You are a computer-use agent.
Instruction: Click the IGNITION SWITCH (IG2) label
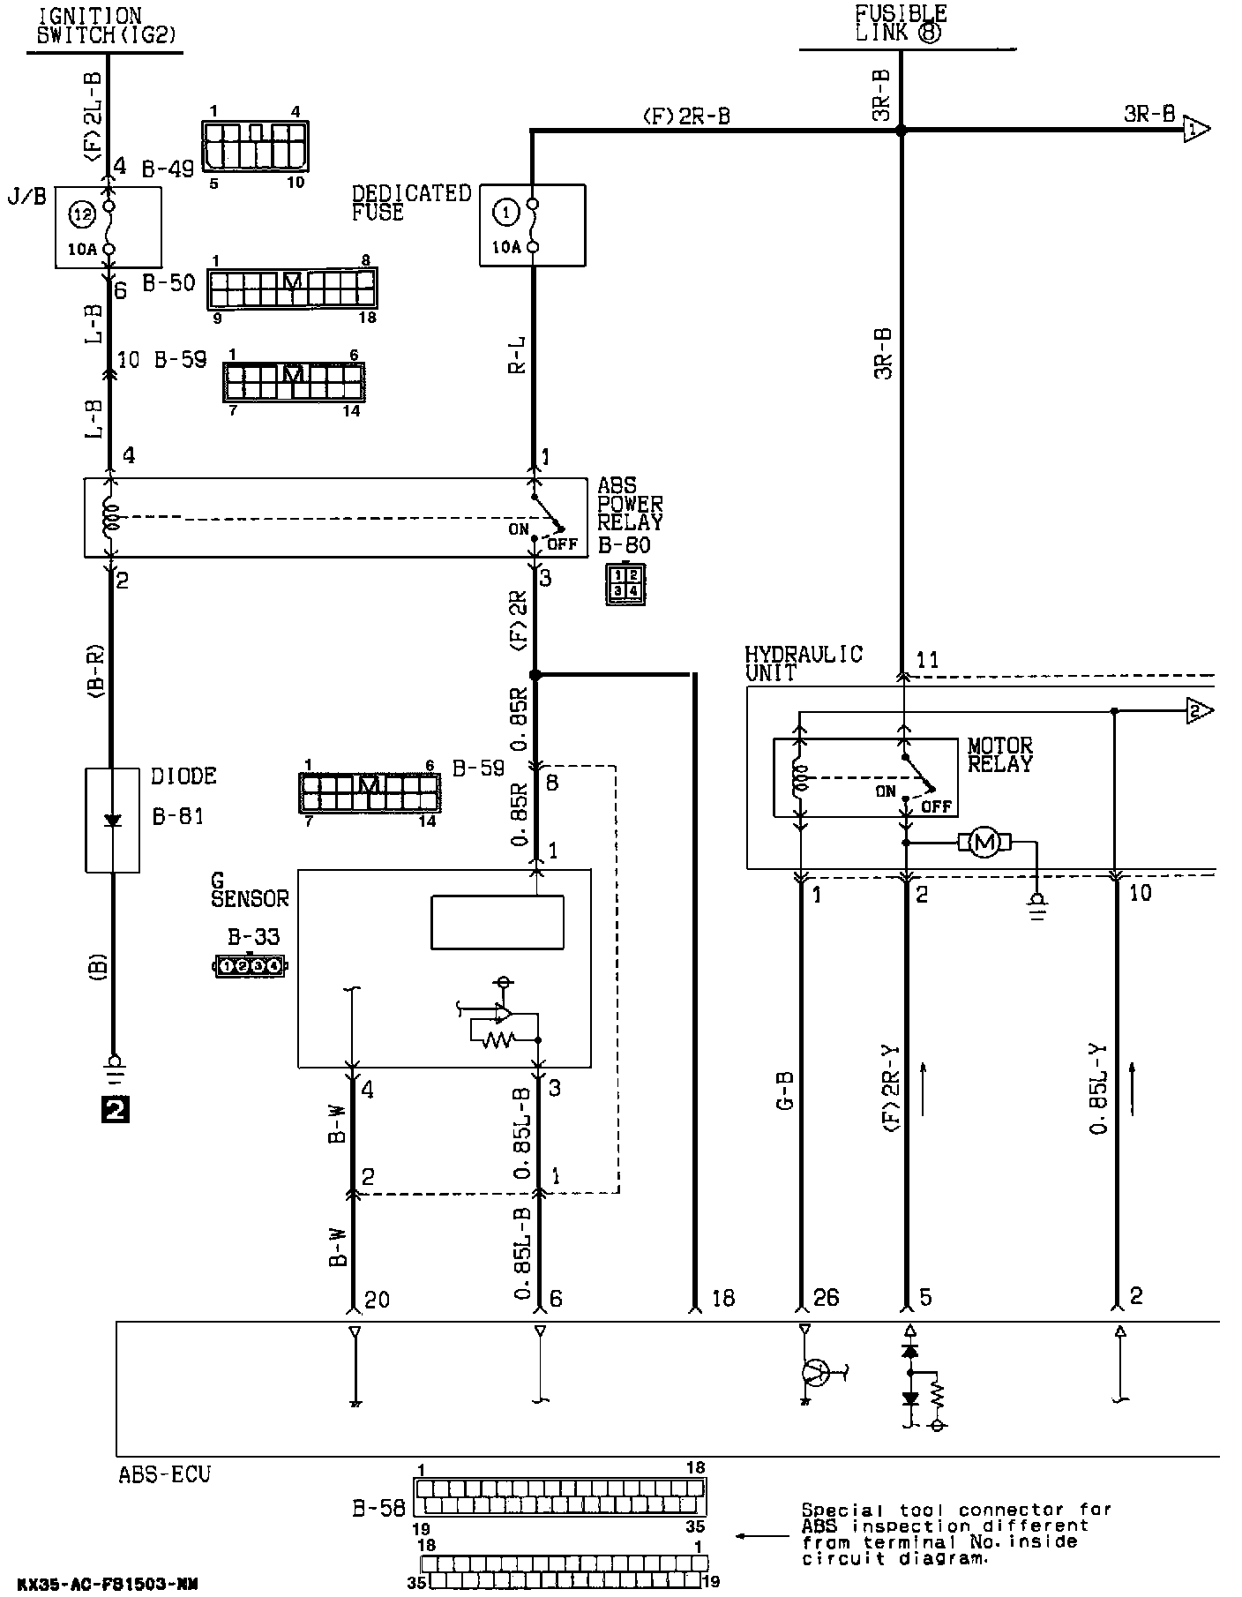point(103,27)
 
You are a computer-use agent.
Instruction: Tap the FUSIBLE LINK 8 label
point(900,24)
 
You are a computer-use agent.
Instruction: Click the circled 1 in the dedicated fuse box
point(506,212)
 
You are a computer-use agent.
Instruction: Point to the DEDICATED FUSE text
point(411,203)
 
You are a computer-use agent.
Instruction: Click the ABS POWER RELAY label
point(629,504)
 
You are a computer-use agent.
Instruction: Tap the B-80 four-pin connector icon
point(625,582)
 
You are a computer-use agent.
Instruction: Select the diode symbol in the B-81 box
point(112,820)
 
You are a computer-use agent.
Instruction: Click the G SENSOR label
point(250,889)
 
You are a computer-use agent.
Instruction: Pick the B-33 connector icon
point(251,965)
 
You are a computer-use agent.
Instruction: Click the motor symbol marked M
point(984,843)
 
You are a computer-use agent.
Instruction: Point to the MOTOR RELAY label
point(999,755)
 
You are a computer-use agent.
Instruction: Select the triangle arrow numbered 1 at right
point(1195,130)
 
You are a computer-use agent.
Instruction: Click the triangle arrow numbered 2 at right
point(1198,710)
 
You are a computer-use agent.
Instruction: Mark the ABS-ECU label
point(164,1473)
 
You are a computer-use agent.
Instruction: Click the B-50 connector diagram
point(292,288)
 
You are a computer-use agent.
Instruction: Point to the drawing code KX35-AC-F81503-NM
point(107,1585)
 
